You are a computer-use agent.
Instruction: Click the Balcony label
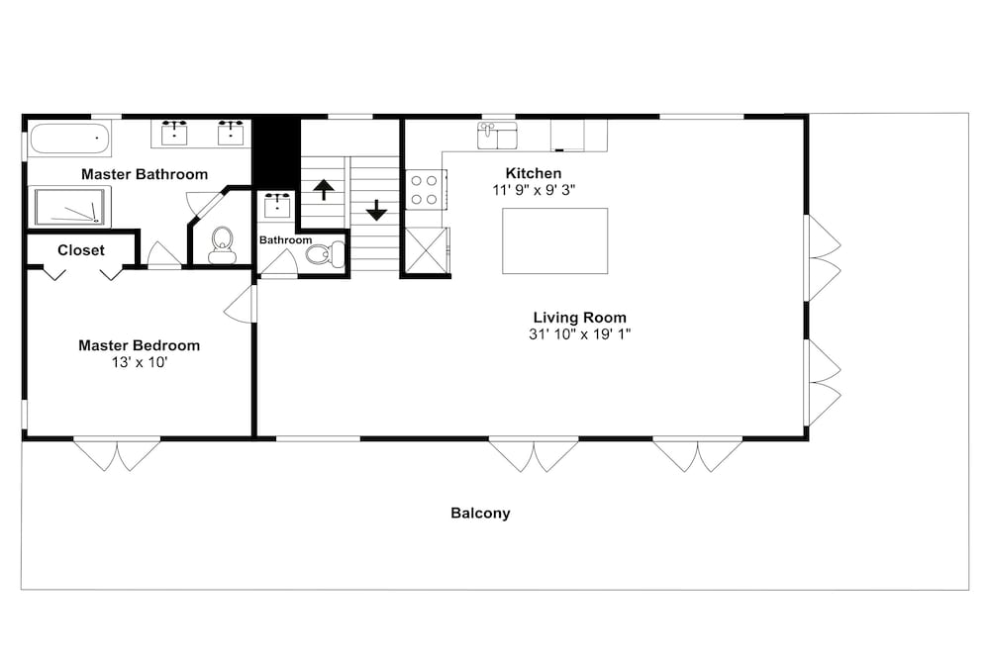click(x=480, y=513)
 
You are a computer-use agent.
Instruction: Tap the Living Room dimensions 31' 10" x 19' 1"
click(x=579, y=334)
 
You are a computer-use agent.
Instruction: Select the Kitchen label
click(x=534, y=173)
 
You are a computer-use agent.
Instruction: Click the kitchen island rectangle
click(x=555, y=241)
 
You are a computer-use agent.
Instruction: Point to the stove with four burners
click(x=425, y=190)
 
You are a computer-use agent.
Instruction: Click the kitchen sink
click(x=497, y=136)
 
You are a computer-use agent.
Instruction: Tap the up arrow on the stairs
click(x=324, y=189)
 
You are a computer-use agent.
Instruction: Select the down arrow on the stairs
click(x=376, y=210)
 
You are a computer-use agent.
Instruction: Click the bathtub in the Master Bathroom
click(x=69, y=139)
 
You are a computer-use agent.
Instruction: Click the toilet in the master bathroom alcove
click(x=222, y=245)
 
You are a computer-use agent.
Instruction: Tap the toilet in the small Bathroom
click(x=325, y=254)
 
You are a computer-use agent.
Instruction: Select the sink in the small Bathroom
click(x=277, y=206)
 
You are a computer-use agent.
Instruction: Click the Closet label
click(x=81, y=250)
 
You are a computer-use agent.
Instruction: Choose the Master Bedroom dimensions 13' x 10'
click(x=140, y=363)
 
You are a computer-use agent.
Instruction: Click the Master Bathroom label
click(x=145, y=174)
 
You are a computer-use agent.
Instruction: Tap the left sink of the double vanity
click(x=174, y=134)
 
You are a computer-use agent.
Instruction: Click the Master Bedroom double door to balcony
click(x=117, y=454)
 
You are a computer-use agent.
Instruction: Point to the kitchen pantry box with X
click(x=426, y=250)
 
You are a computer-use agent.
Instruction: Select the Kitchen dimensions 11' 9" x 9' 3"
click(x=535, y=190)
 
